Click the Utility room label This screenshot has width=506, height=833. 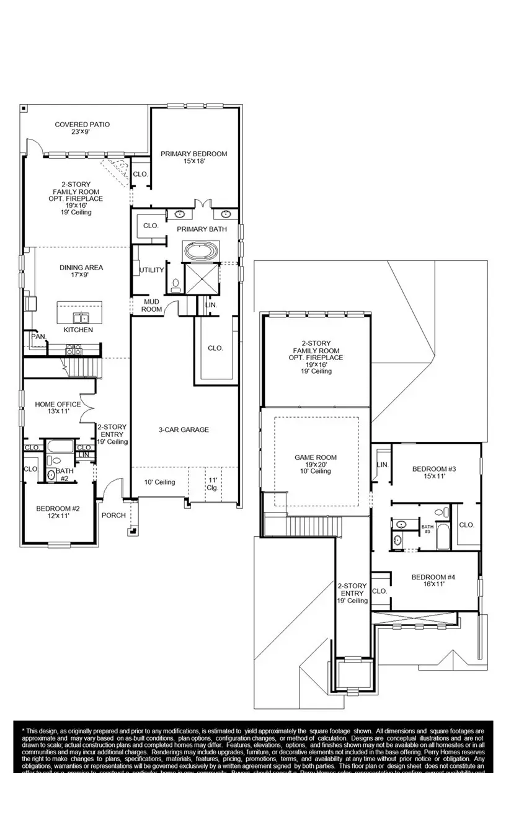coord(152,270)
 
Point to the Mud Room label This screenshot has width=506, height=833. coord(152,305)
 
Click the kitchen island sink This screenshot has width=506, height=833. coord(79,318)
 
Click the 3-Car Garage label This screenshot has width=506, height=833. coord(184,430)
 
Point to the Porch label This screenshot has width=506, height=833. coord(113,515)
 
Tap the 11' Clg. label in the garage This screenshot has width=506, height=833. coord(213,483)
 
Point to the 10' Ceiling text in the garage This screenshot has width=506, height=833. coord(159,482)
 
